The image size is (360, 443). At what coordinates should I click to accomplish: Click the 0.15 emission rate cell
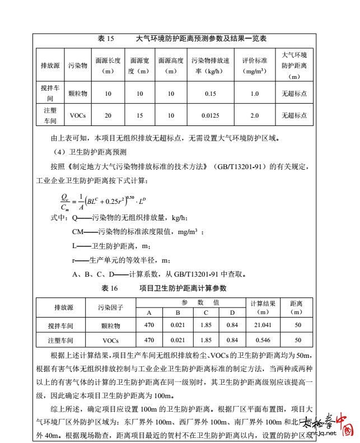(x=210, y=94)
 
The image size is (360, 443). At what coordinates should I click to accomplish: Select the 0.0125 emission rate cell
(x=210, y=115)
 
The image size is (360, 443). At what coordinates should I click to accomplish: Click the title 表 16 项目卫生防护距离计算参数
(x=171, y=288)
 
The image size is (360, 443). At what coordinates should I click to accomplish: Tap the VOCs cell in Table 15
(x=78, y=115)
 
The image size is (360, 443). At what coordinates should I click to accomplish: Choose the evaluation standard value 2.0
(x=254, y=115)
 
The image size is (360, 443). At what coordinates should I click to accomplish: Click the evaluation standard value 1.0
(x=254, y=94)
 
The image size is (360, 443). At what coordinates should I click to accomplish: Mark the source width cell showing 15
(x=139, y=115)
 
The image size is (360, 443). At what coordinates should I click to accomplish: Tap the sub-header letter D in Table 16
(x=232, y=313)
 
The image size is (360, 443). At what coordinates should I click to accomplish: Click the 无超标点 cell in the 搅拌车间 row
(x=294, y=94)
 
